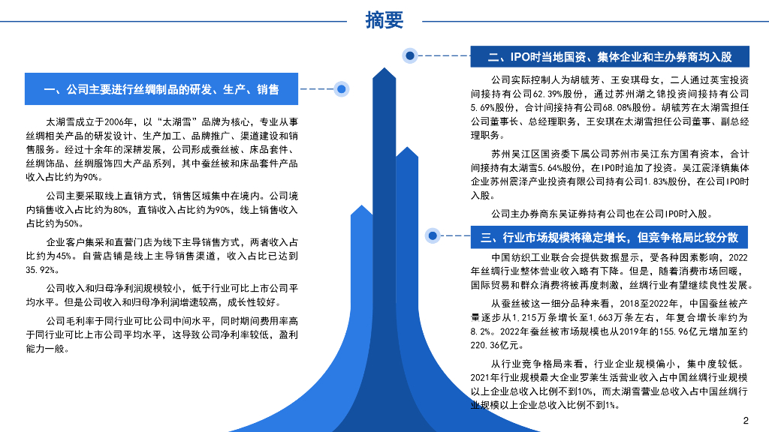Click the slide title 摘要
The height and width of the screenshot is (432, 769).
384,21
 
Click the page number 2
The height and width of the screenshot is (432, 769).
746,420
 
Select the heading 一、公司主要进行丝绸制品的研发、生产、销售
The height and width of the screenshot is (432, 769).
161,89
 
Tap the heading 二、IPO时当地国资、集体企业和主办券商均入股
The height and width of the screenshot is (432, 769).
609,57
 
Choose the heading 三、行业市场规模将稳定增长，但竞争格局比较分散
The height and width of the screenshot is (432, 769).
609,238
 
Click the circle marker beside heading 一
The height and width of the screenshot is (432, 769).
342,89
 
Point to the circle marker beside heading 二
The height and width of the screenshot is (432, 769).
410,55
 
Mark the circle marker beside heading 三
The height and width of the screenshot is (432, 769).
433,235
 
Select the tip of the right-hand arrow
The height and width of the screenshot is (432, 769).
406,148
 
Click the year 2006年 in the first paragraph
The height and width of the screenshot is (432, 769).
119,121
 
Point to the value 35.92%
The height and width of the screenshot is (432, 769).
42,270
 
